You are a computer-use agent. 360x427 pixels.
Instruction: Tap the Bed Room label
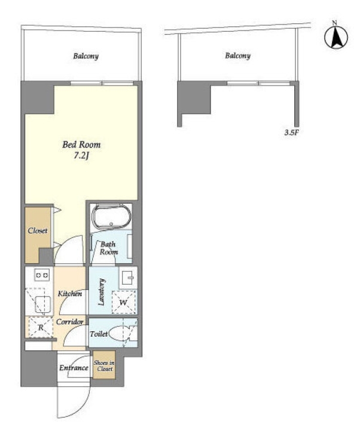pyautogui.click(x=81, y=144)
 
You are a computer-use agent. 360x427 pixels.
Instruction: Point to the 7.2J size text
pyautogui.click(x=82, y=156)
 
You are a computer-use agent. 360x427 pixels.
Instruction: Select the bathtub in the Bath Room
pyautogui.click(x=111, y=216)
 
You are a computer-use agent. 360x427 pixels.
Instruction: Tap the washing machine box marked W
pyautogui.click(x=124, y=302)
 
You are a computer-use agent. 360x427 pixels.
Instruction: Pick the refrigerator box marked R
pyautogui.click(x=41, y=327)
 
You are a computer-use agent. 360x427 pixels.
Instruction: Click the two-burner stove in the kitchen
pyautogui.click(x=42, y=275)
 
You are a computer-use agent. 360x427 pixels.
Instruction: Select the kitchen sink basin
pyautogui.click(x=42, y=304)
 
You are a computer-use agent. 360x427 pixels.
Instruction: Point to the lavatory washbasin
pyautogui.click(x=128, y=277)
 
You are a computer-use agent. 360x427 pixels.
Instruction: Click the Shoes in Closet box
pyautogui.click(x=103, y=365)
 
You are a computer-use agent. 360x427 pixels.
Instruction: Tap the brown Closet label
pyautogui.click(x=38, y=231)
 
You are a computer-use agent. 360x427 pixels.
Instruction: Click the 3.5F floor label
pyautogui.click(x=292, y=133)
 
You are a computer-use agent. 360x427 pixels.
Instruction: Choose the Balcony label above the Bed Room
pyautogui.click(x=86, y=56)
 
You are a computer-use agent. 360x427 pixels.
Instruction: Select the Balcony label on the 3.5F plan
pyautogui.click(x=238, y=56)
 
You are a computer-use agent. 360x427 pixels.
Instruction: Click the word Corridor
pyautogui.click(x=70, y=322)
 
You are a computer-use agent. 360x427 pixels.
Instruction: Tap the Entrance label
pyautogui.click(x=74, y=368)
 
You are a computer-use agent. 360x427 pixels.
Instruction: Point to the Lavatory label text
pyautogui.click(x=101, y=292)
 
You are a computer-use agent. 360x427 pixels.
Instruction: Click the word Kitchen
pyautogui.click(x=70, y=294)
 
